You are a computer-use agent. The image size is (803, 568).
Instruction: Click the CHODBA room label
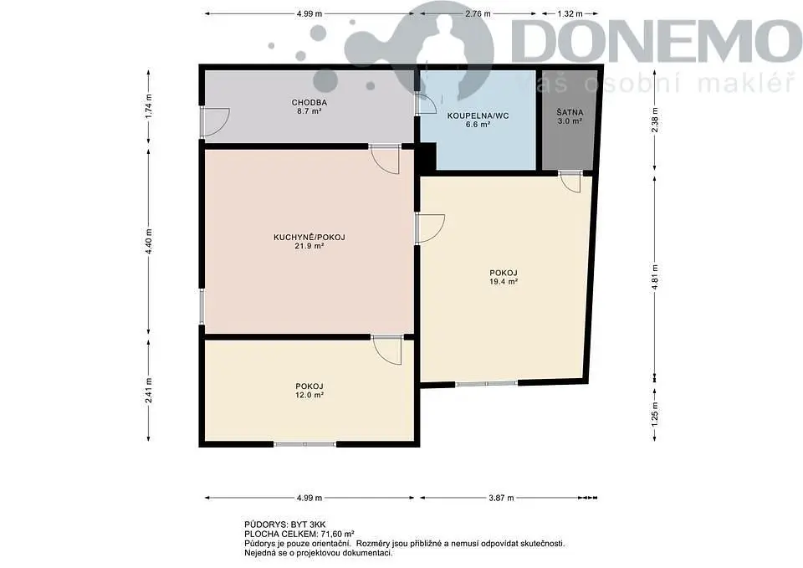309,102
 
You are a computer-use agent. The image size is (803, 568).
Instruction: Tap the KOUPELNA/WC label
478,115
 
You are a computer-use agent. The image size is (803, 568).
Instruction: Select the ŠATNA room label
570,112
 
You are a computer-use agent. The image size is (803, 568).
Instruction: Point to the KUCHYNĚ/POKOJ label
309,237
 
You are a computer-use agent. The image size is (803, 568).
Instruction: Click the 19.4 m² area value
504,281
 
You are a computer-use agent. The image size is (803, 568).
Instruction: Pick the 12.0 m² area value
309,395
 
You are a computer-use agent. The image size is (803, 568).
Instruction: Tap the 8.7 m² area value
309,110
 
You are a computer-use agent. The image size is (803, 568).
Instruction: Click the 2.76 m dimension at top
478,14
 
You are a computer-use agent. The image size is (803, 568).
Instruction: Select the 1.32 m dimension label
570,14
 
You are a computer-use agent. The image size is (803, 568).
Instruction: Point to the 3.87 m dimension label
501,498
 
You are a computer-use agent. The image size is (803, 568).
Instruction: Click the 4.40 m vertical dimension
149,241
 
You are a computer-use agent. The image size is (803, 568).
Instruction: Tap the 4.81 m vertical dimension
654,277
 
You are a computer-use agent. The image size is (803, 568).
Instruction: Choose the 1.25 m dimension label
654,413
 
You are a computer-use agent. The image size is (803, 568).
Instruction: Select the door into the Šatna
570,182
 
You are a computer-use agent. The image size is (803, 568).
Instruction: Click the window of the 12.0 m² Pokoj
305,444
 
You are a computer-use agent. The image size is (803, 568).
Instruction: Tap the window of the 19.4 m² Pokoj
487,383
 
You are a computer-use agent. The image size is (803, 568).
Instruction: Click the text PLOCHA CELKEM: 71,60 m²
299,533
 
